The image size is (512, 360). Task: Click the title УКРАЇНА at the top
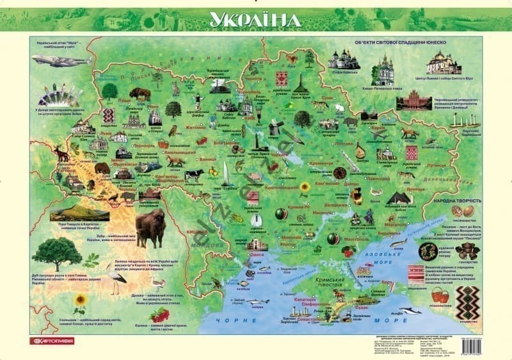[x=255, y=19]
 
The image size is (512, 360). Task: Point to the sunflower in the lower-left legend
[x=80, y=302]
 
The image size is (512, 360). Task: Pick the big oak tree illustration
[x=57, y=254]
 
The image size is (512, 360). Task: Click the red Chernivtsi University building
[x=413, y=102]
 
